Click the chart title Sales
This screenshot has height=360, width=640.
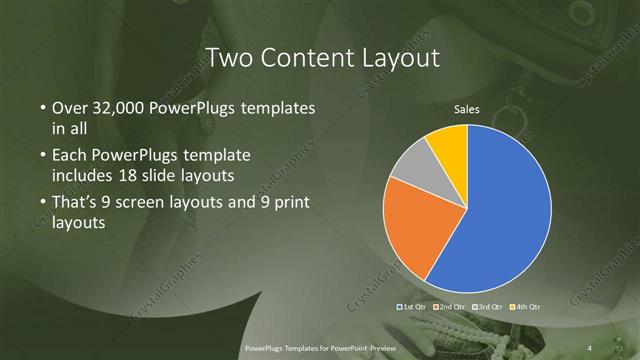pos(467,108)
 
